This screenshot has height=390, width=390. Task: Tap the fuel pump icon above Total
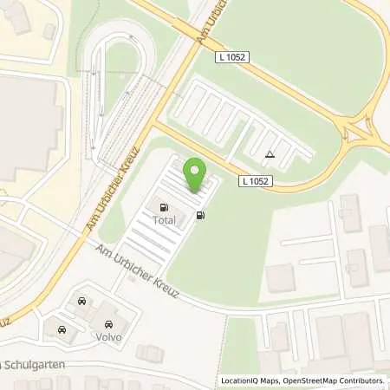[163, 206]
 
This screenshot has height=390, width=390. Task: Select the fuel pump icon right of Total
[202, 215]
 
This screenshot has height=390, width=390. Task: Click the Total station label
[164, 220]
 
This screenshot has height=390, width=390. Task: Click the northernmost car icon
[81, 302]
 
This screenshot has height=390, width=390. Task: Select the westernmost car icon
[62, 329]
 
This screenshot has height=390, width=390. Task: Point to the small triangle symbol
[270, 155]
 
